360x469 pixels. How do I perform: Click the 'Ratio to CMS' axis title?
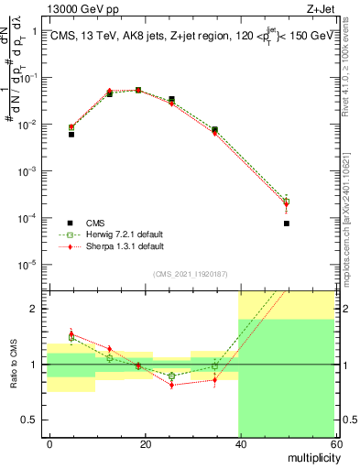coord(13,365)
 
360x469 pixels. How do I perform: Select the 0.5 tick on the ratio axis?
coord(34,420)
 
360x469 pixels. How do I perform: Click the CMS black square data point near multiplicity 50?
coord(287,223)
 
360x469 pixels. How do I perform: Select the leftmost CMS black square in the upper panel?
coord(71,134)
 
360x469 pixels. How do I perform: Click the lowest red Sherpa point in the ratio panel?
coord(171,385)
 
